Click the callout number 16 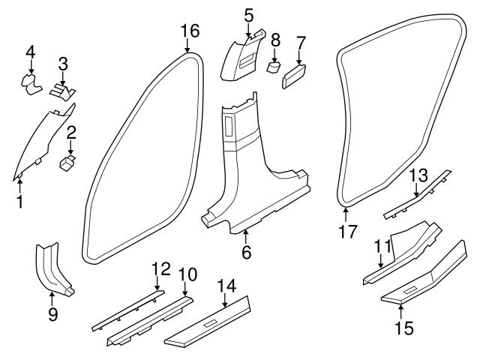pyautogui.click(x=190, y=31)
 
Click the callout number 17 pyautogui.click(x=347, y=232)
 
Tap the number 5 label pyautogui.click(x=249, y=13)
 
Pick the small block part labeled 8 pyautogui.click(x=274, y=67)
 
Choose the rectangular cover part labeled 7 pyautogui.click(x=294, y=76)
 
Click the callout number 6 pyautogui.click(x=246, y=253)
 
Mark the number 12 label pyautogui.click(x=160, y=268)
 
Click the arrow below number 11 pyautogui.click(x=381, y=262)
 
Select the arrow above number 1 pyautogui.click(x=20, y=182)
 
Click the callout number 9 pyautogui.click(x=52, y=314)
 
